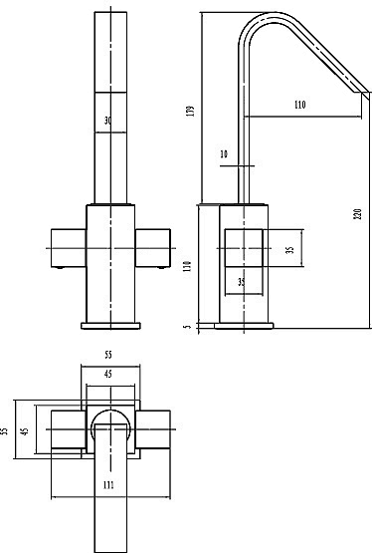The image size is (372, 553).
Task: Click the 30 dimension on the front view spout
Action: (108, 121)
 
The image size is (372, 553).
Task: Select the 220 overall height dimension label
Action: (358, 214)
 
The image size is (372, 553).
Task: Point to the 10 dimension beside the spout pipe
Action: (224, 154)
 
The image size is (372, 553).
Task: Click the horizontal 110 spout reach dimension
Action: (299, 105)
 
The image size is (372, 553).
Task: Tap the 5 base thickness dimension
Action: (188, 326)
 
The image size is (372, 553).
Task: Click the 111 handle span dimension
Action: (108, 485)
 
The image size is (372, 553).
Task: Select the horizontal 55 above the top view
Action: (108, 355)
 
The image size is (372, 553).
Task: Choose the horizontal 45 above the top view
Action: (108, 374)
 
